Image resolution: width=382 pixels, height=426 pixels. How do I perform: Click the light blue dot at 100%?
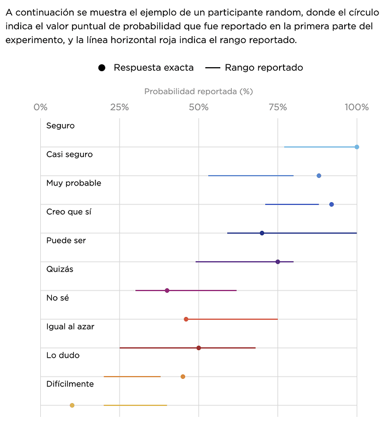[x=357, y=147]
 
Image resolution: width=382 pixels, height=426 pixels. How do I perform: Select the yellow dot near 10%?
[x=72, y=405]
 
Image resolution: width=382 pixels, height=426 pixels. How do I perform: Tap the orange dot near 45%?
[x=183, y=377]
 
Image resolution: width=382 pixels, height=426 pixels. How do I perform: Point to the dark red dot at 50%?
[x=198, y=348]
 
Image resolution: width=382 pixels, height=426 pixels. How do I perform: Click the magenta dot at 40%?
[x=167, y=291]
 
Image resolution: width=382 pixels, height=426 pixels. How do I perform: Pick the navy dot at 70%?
[x=262, y=233]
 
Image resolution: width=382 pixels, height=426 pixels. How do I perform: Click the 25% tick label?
[x=119, y=107]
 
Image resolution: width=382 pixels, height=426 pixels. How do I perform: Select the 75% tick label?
[x=277, y=107]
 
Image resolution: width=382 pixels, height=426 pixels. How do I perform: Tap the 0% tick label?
[x=40, y=107]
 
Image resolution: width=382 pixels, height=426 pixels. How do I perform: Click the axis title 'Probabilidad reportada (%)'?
[x=198, y=91]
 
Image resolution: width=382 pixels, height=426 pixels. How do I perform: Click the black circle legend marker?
[x=102, y=68]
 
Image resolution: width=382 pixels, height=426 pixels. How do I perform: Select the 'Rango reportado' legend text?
[x=264, y=68]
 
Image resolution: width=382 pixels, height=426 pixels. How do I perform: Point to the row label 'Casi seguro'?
[x=69, y=154]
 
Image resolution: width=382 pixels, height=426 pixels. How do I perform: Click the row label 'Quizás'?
[x=60, y=269]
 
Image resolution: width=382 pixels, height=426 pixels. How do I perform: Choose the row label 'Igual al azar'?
[x=70, y=327]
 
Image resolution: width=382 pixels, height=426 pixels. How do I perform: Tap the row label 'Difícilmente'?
[x=70, y=384]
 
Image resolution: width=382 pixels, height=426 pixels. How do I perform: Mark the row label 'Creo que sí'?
[x=68, y=212]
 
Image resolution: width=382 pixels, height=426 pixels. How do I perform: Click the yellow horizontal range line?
[x=135, y=405]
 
